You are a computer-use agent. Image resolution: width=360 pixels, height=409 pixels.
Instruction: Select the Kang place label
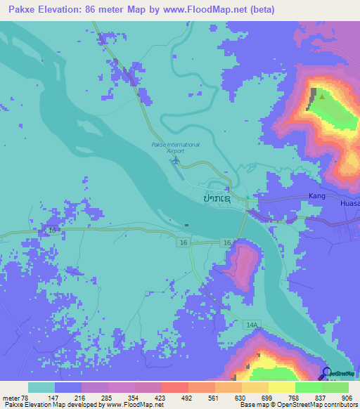click(318, 197)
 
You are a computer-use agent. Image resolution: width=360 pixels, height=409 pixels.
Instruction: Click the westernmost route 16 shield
click(51, 230)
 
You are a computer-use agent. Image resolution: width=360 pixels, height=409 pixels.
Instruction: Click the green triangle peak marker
click(322, 96)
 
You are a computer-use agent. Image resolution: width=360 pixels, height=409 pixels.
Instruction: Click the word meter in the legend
click(12, 396)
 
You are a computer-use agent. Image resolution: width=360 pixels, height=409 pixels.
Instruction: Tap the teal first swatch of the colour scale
click(41, 387)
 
